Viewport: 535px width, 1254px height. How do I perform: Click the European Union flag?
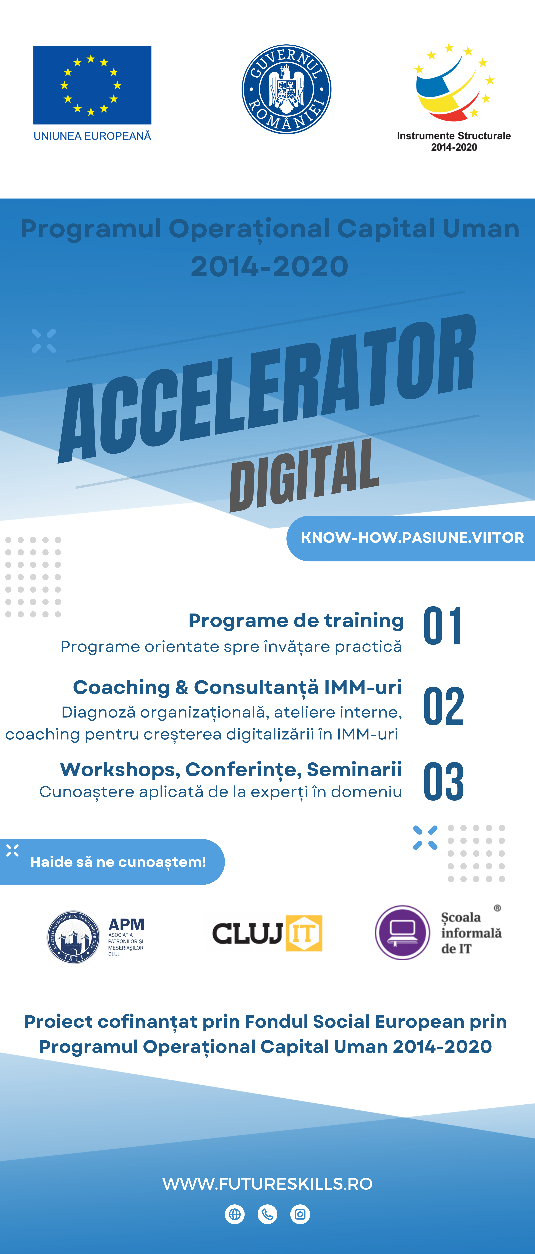point(92,85)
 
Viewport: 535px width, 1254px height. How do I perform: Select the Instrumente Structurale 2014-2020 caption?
point(454,141)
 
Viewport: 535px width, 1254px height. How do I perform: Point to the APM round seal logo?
point(73,937)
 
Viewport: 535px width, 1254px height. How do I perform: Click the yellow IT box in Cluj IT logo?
point(304,933)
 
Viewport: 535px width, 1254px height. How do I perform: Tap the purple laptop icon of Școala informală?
point(402,932)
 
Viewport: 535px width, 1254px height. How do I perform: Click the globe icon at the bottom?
point(235,1214)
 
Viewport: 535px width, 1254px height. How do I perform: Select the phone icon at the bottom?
point(267,1214)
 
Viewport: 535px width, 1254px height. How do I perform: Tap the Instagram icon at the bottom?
point(300,1214)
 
